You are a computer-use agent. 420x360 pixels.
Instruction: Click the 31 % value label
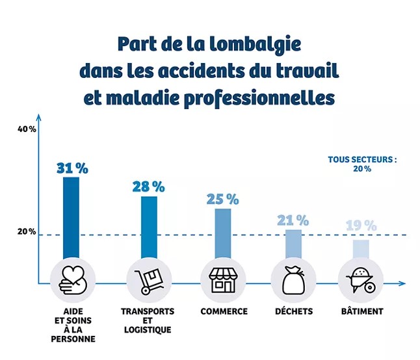click(72, 167)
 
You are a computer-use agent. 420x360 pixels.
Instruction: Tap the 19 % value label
click(361, 226)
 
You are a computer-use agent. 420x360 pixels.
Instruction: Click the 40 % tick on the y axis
click(27, 129)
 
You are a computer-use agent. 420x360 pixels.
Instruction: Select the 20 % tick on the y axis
click(27, 232)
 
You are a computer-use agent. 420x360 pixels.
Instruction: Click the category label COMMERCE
click(223, 311)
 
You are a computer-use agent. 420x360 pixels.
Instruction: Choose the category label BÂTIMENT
click(361, 311)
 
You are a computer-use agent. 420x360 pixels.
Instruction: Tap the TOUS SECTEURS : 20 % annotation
click(362, 163)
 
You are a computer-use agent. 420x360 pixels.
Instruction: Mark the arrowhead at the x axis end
click(402, 283)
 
